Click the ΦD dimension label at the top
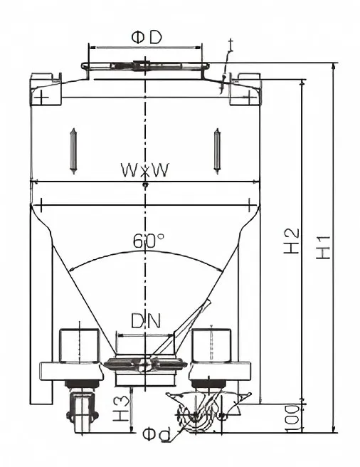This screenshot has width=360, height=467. coord(147,38)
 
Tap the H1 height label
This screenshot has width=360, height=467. coord(323,247)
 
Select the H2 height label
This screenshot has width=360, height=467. coord(291,241)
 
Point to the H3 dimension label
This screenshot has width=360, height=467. coord(121,409)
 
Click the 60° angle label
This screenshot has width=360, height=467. coord(149,241)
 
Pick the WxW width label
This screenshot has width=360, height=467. coord(145,170)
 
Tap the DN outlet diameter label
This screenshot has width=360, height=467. coord(146,321)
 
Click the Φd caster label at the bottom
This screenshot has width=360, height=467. coord(157,434)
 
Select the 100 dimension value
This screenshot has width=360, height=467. coord(292,418)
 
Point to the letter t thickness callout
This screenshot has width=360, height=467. coord(231,45)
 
